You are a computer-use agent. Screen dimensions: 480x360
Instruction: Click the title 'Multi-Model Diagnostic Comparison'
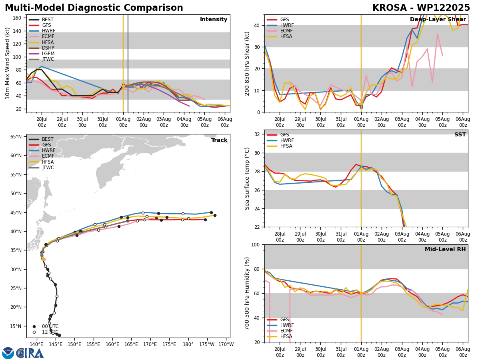tap(94, 8)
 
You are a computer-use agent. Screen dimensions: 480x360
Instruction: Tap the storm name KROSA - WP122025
tap(421, 8)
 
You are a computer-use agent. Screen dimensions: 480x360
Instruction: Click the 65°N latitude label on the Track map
tap(16, 137)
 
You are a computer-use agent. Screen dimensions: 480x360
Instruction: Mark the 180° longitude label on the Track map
tap(188, 344)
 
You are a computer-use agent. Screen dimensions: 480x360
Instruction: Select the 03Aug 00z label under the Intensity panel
tap(164, 122)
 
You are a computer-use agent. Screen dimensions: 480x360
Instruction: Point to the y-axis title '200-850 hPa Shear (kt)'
tap(247, 64)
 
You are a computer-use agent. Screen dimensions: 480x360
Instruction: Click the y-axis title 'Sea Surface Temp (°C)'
tap(247, 179)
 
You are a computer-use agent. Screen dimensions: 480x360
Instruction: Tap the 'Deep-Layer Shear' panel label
tap(438, 20)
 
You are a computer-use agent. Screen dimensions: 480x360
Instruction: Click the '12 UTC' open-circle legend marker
tap(34, 332)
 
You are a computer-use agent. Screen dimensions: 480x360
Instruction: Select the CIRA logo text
tap(30, 353)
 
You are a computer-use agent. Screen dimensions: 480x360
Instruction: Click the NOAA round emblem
tap(8, 353)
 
